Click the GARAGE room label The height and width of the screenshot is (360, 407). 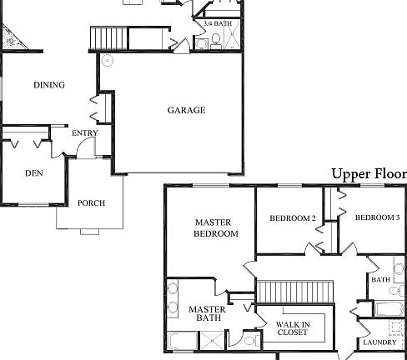coord(186,110)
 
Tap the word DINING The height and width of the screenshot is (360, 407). coord(48,85)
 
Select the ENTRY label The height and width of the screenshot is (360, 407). coord(85,133)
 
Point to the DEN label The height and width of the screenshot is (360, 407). coord(33,173)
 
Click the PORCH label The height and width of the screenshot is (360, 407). coord(91,203)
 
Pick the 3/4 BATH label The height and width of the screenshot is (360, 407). coord(218,24)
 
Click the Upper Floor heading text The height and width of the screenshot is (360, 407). coord(369,174)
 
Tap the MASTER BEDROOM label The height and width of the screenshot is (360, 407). coord(216,228)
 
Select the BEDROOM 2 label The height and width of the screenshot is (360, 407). coord(292,218)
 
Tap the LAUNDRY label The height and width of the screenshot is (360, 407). coord(379,342)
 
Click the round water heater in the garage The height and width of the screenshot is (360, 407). coord(108,61)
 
